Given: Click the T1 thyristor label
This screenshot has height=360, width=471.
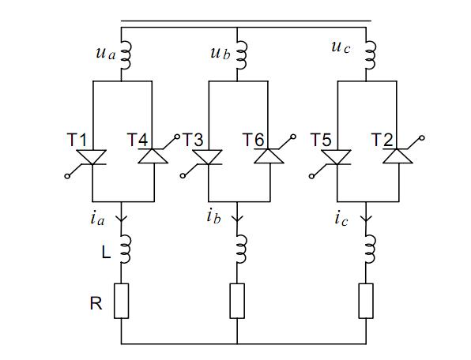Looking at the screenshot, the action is (77, 140).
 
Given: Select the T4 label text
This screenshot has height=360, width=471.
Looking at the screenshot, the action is (138, 140).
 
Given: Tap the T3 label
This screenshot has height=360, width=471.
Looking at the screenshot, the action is (193, 140).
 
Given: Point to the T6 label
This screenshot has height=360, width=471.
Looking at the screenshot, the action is (254, 140).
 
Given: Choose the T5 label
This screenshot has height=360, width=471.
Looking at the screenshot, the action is (321, 140).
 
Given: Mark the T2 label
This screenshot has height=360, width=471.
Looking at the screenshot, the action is (382, 140).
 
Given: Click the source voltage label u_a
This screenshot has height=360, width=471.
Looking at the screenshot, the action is (105, 54).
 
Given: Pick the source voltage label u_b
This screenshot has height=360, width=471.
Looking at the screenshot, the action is (220, 53).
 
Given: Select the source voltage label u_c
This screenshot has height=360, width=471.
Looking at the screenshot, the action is (341, 47).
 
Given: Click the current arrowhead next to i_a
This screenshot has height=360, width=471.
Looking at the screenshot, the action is (122, 218).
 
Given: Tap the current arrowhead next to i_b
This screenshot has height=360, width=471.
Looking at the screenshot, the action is (237, 218).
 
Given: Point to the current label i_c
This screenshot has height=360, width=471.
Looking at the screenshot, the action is (341, 219).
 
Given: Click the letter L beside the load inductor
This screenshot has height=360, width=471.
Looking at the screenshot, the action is (106, 253).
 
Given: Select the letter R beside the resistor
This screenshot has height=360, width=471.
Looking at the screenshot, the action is (96, 303).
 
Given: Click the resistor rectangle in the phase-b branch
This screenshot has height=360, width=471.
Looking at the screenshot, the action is (237, 301).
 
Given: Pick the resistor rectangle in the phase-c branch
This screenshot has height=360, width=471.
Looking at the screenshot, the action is (366, 301).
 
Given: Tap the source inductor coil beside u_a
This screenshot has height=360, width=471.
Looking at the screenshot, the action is (126, 56).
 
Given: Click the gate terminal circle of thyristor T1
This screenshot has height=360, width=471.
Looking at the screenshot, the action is (67, 176).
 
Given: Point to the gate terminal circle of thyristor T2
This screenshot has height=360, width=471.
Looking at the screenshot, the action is (422, 137).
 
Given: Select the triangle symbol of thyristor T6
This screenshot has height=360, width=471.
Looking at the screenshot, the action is (269, 156).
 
